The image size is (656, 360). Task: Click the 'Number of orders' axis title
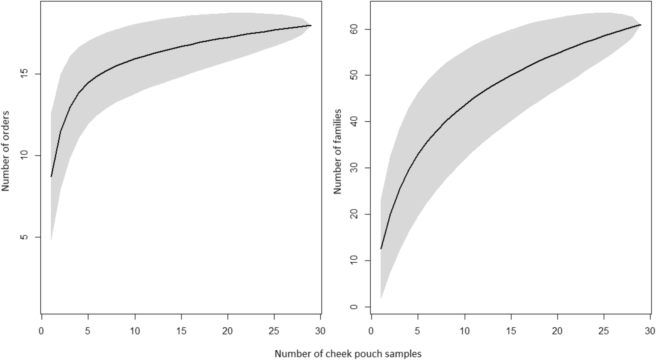click(x=5, y=151)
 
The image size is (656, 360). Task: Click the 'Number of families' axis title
click(x=337, y=151)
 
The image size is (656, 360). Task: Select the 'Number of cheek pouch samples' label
click(x=348, y=354)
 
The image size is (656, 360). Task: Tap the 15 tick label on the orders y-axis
click(x=25, y=74)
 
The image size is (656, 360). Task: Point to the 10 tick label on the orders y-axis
click(x=25, y=156)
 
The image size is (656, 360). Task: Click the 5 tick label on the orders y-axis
click(x=25, y=237)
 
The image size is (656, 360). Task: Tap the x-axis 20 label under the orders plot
click(x=227, y=331)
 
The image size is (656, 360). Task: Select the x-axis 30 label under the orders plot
click(x=320, y=331)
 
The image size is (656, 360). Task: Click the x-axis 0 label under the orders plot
click(x=41, y=331)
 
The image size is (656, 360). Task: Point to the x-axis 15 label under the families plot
click(x=511, y=331)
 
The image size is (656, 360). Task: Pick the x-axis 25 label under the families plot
click(x=604, y=331)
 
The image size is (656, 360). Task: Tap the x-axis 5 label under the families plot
click(x=417, y=331)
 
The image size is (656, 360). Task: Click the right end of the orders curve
click(x=311, y=26)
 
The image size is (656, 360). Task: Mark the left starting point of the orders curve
click(x=51, y=177)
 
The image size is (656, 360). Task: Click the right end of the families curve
click(x=640, y=25)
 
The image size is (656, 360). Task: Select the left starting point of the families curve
click(x=381, y=249)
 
